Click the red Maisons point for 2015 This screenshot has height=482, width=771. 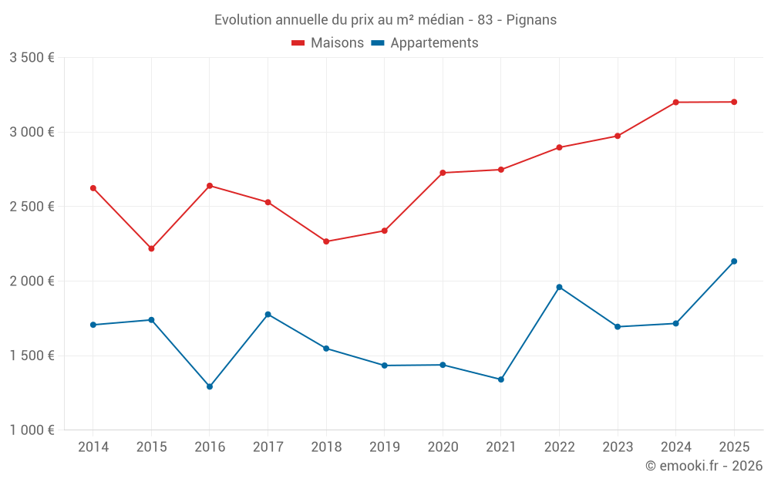click(151, 249)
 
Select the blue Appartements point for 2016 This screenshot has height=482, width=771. click(210, 386)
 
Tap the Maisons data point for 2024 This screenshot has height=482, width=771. click(676, 103)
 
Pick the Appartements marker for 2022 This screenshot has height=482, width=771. click(559, 287)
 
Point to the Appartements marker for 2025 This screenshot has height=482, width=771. click(734, 261)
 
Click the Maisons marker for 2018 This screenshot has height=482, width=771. click(326, 241)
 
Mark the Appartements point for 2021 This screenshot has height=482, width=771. click(501, 379)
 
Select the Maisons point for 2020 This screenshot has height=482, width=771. click(443, 173)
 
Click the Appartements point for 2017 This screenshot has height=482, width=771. click(268, 315)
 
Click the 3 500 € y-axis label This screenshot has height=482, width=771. click(32, 58)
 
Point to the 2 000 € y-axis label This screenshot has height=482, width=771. click(32, 281)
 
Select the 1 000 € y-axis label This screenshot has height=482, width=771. click(32, 430)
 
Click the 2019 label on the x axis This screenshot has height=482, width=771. click(384, 447)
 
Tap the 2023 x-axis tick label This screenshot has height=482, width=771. click(618, 447)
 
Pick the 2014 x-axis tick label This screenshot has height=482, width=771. click(93, 447)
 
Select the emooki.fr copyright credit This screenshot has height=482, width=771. click(704, 466)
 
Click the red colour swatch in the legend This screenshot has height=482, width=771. click(298, 43)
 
